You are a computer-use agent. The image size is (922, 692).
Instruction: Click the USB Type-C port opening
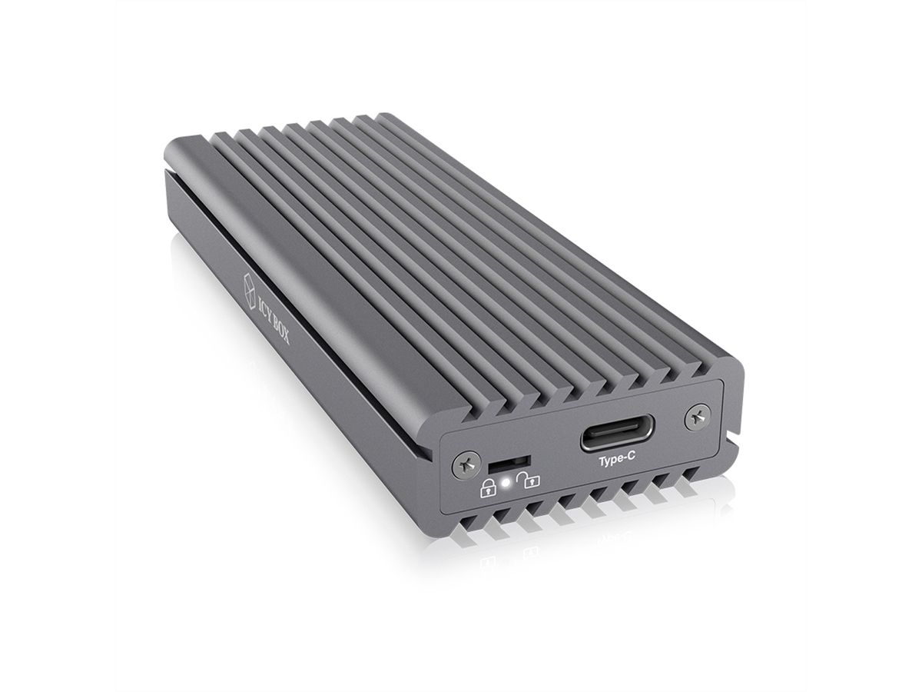click(x=617, y=434)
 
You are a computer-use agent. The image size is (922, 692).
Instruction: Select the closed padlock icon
click(x=489, y=487)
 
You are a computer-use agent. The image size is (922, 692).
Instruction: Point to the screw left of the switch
click(x=466, y=464)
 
